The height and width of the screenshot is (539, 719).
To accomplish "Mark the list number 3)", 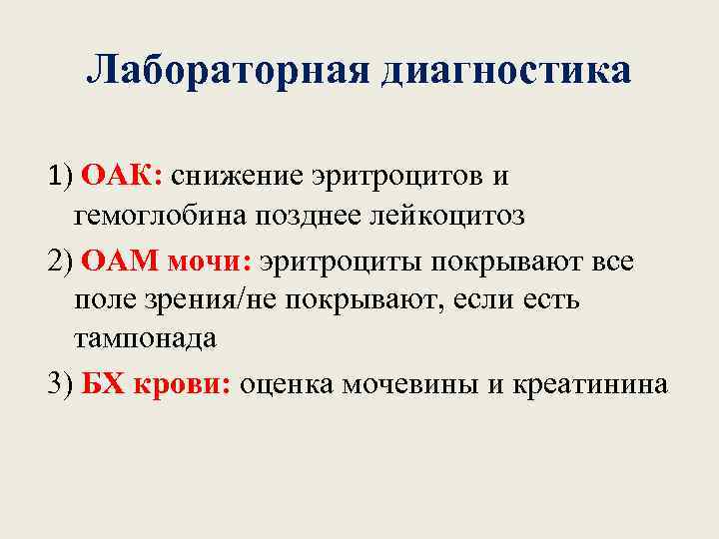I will [x=61, y=385].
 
